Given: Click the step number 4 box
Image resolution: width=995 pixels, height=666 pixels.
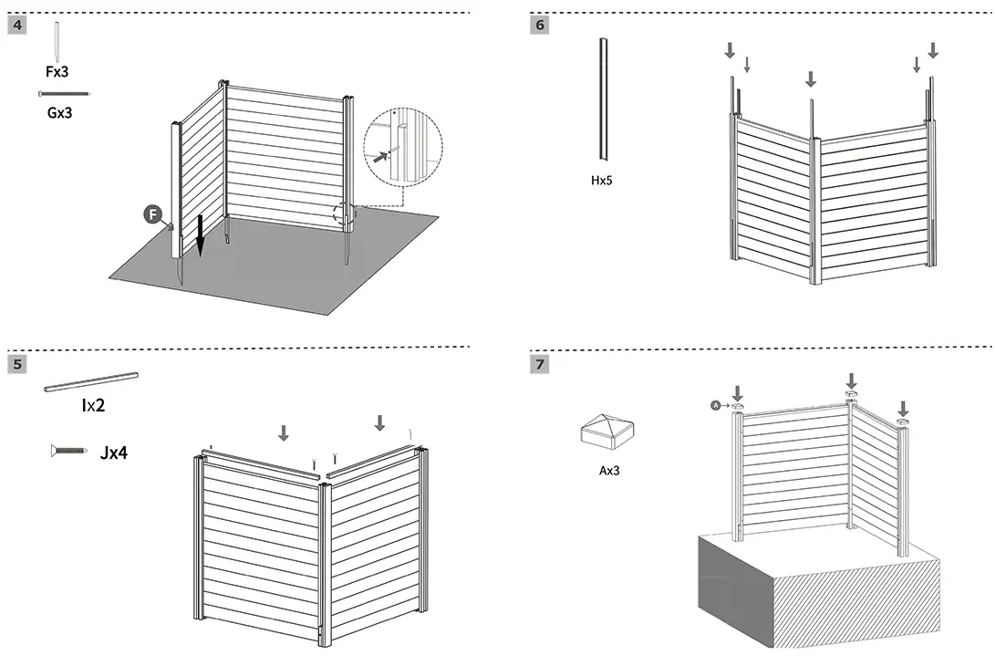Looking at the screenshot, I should click(x=16, y=26).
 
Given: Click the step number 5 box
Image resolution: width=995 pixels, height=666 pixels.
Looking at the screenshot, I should click(x=16, y=365).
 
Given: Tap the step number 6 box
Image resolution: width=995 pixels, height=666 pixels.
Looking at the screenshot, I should click(x=540, y=26).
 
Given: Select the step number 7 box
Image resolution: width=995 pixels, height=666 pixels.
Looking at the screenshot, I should click(x=540, y=365).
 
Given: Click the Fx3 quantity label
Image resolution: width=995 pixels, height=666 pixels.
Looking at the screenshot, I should click(x=57, y=71).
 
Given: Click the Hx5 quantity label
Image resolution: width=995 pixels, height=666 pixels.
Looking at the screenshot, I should click(x=602, y=181).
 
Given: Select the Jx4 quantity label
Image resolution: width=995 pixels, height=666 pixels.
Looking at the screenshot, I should click(x=114, y=451).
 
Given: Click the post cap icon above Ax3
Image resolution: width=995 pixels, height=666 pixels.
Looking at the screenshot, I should click(x=607, y=430).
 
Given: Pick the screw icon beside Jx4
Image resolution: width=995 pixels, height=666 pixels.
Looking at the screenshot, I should click(x=69, y=450).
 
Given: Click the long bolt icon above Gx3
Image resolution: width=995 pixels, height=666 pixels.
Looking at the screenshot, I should click(x=64, y=94).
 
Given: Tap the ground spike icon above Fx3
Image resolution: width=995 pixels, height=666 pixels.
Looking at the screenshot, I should click(x=57, y=41).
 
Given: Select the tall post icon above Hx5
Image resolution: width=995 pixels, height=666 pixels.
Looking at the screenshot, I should click(x=602, y=100).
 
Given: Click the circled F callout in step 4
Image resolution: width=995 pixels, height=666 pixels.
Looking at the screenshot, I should click(x=153, y=215).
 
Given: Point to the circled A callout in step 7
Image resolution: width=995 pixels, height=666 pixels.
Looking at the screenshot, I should click(x=716, y=405).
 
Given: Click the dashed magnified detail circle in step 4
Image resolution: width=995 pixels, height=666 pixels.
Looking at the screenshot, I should click(x=402, y=148).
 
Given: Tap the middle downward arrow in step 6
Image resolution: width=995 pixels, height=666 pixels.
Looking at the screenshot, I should click(x=811, y=80).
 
